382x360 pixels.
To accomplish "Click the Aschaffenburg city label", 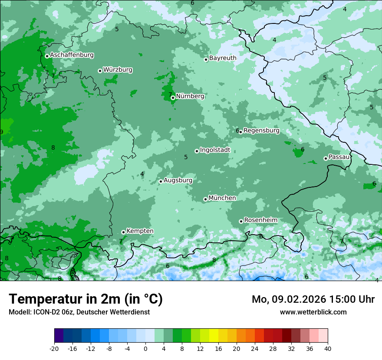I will pos(72,55).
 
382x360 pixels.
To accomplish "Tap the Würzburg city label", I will pos(118,70).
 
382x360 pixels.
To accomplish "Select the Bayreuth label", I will pos(223,58).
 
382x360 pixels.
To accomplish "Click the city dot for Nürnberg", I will pos(173,98).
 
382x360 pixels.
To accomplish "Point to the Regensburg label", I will pos(261,131).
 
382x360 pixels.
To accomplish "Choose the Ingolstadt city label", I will pos(215,150).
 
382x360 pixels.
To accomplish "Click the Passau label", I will pos(339,157).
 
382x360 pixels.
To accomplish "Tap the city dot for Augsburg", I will pos(161,181).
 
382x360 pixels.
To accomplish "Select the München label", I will pos(222,198).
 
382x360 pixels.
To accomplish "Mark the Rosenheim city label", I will pos(260,220).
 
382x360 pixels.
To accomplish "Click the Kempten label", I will pos(140,231).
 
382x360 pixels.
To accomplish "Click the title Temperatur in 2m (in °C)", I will pos(86,299).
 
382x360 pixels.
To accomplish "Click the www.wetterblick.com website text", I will pos(313,312).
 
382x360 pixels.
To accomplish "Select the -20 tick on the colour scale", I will pos(54,349).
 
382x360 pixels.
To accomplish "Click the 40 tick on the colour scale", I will pos(327,349).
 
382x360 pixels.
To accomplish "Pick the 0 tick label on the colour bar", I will pos(145,349).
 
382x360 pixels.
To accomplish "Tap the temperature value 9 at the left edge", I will pos(2,132).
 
